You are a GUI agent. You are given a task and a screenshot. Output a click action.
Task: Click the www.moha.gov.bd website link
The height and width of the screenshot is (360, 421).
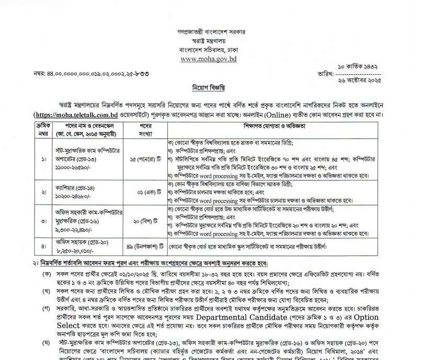209,59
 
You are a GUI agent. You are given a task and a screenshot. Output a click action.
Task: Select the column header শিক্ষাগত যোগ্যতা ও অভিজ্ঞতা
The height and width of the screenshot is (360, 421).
274,126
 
